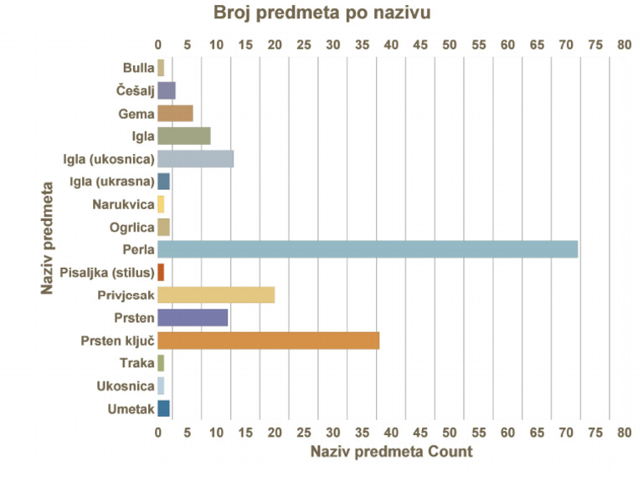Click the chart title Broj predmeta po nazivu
(x=322, y=13)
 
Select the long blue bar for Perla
(x=368, y=249)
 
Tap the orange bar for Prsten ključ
(x=268, y=341)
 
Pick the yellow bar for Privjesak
(x=216, y=295)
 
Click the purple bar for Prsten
(x=193, y=318)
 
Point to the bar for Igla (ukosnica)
(x=195, y=159)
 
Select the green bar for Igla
(x=183, y=136)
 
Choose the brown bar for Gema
(x=175, y=113)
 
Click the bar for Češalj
(x=166, y=90)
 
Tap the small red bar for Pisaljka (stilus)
(x=161, y=272)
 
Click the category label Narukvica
(x=123, y=204)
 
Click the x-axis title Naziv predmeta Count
(x=391, y=452)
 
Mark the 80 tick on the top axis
(x=623, y=44)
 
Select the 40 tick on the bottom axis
(x=391, y=432)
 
